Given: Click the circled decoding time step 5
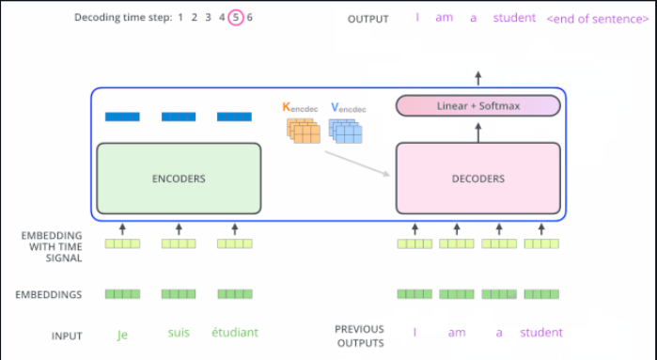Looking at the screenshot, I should point(235,17).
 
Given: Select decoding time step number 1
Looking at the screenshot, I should point(180,17).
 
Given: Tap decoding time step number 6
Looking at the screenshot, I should point(250,17).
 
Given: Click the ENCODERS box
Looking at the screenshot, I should point(179,178).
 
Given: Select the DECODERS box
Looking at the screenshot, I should point(478,178).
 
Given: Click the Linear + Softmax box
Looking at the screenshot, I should point(478,106).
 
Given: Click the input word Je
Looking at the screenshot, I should point(122,333).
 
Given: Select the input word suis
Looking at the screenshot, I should point(179,332).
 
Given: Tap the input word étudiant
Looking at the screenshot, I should point(234,332).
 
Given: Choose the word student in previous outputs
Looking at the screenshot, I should point(541,332).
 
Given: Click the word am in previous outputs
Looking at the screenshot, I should point(457,332).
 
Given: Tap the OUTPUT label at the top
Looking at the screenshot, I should point(368,19).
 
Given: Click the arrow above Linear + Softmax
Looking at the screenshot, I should point(478,78).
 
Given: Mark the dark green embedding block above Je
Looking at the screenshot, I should point(122,294).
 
